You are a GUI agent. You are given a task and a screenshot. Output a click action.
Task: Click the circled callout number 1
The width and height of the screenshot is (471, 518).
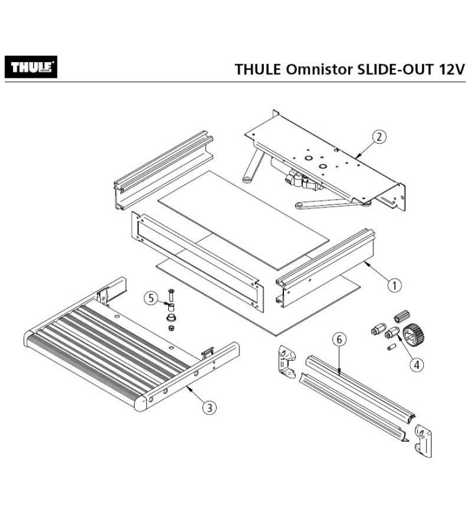pos(394,284)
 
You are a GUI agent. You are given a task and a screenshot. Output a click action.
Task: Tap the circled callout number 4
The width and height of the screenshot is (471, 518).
pos(416,365)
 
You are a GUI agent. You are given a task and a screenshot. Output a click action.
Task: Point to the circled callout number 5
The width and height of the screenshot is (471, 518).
pos(150,298)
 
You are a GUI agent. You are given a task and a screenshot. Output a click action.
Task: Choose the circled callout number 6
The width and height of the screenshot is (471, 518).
pos(338,339)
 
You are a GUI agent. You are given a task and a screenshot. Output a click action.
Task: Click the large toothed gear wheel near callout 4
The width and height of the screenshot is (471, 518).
pos(411,336)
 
